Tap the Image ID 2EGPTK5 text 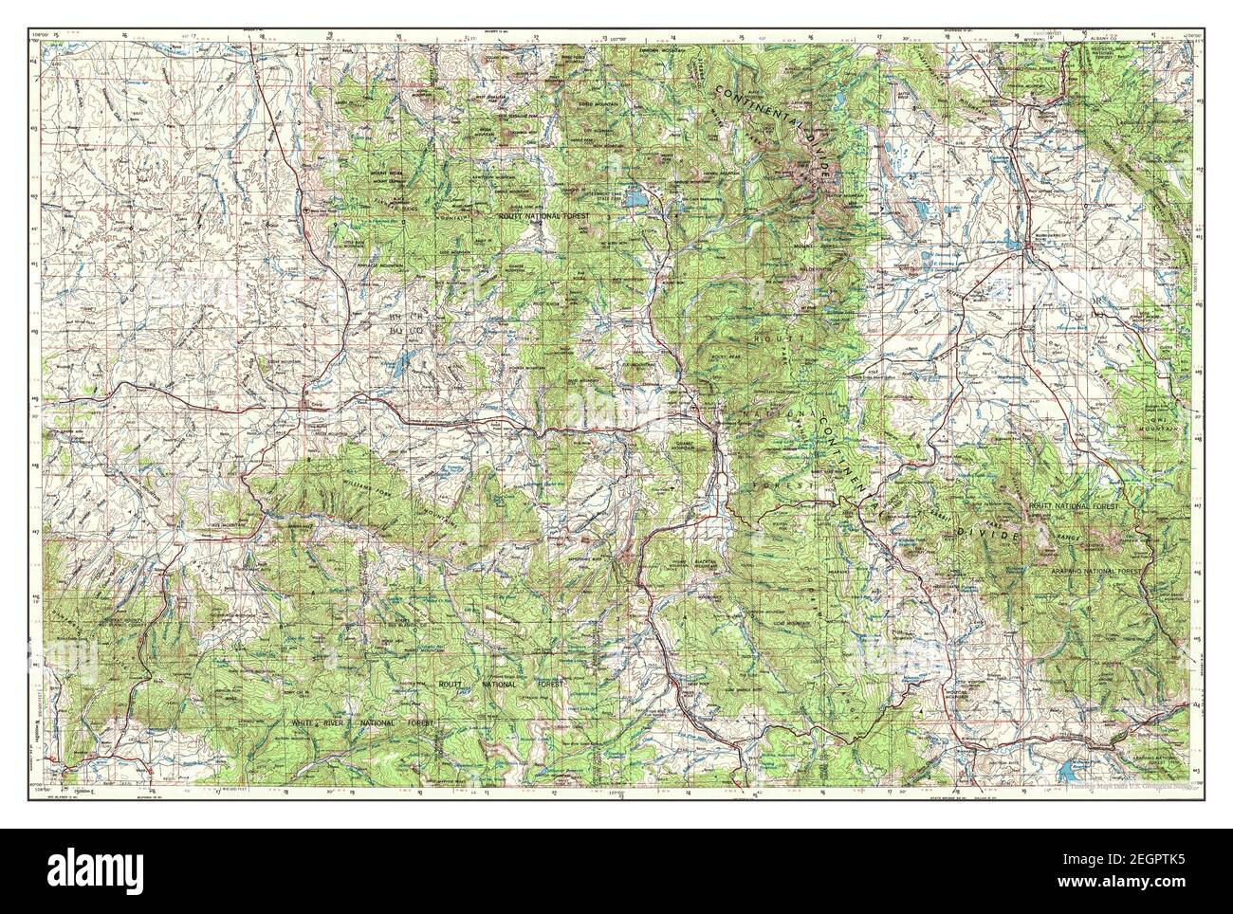point(1138,859)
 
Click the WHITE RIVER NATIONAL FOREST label point(364,722)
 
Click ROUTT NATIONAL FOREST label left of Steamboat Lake point(544,216)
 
